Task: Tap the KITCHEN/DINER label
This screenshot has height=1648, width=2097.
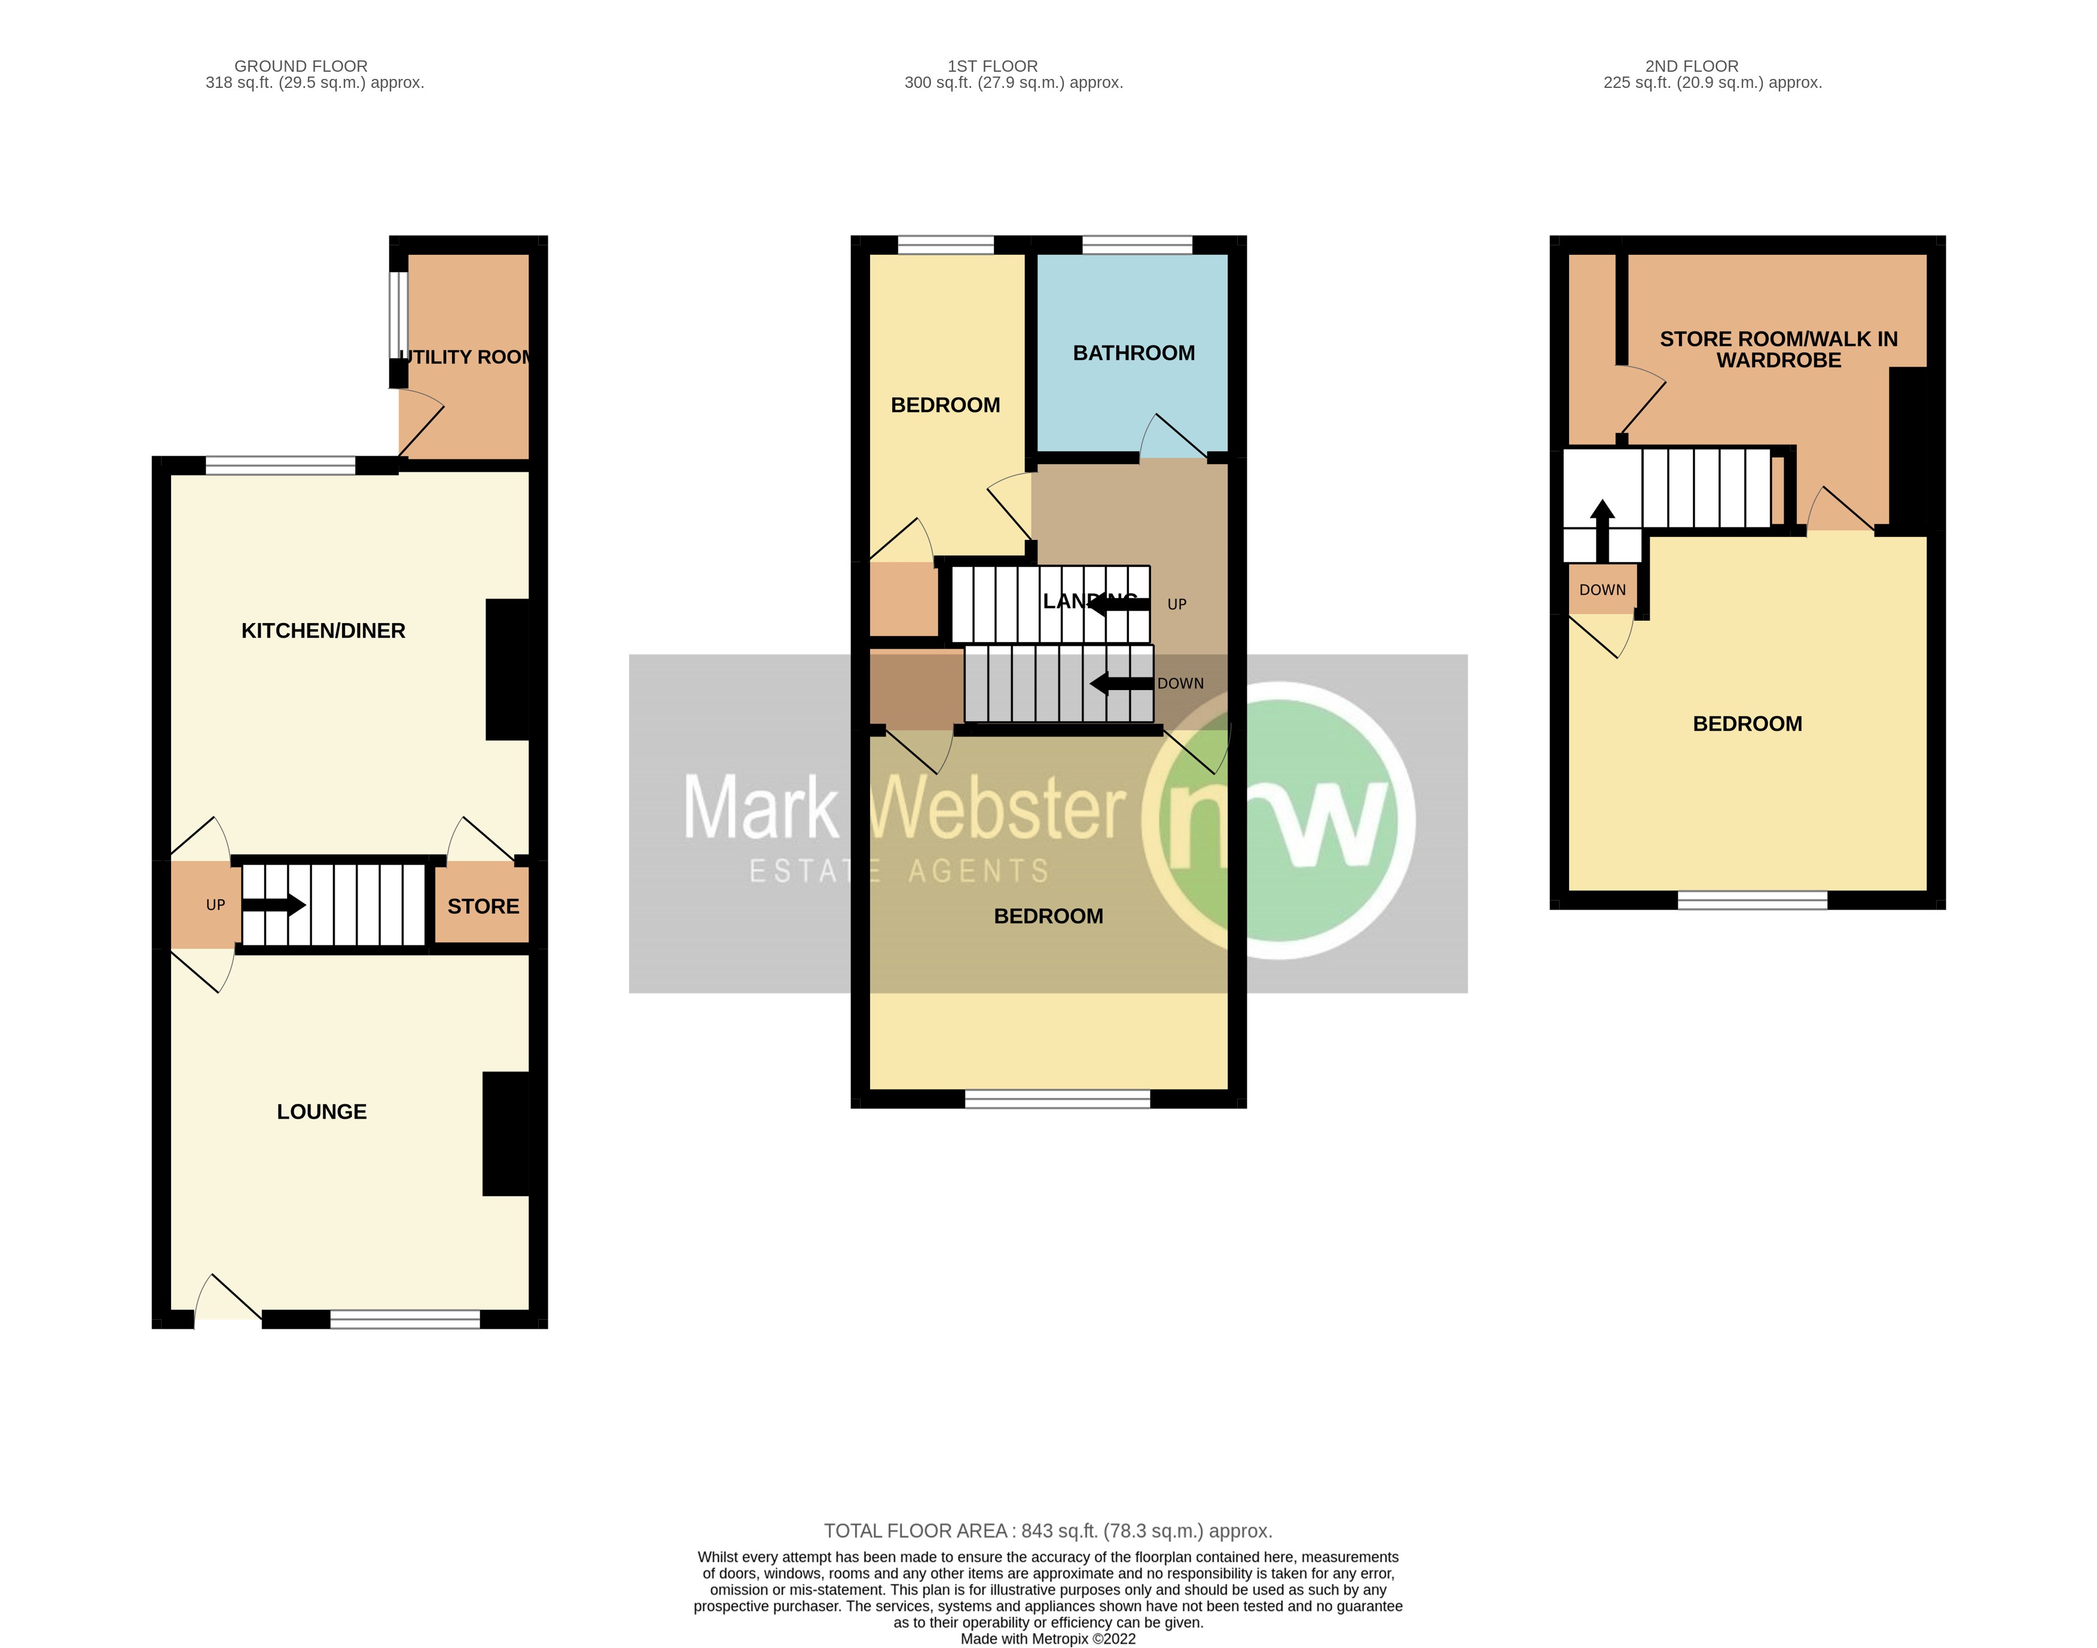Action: (323, 631)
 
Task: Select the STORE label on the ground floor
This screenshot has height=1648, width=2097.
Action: (483, 906)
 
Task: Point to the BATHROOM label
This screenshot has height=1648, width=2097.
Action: (1133, 353)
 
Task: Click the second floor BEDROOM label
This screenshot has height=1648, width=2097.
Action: (1747, 724)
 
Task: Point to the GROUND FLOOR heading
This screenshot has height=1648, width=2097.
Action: (301, 66)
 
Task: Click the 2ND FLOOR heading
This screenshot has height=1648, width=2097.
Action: (1692, 66)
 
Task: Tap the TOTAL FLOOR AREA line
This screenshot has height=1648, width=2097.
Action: (1048, 1531)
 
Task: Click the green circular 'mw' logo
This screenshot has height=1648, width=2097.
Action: (1278, 820)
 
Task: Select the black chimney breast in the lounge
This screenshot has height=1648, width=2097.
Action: (505, 1134)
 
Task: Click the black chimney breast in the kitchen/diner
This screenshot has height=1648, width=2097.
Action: (508, 670)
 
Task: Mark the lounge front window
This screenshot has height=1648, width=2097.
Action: (405, 1319)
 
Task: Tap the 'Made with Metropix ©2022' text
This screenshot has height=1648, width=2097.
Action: (1048, 1638)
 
